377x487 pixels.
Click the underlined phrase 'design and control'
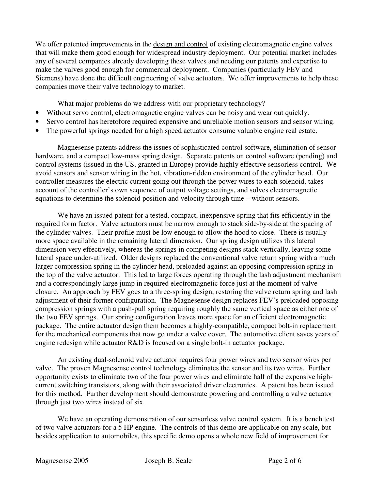(180, 44)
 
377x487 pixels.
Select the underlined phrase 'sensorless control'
(294, 165)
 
